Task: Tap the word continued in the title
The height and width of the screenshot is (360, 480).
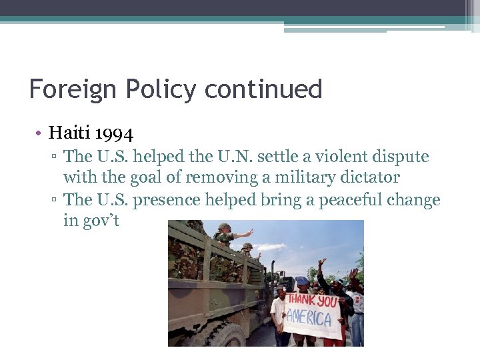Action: click(x=263, y=89)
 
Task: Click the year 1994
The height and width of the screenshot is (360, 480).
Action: click(x=114, y=133)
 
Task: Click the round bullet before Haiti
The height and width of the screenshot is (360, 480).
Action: click(x=40, y=133)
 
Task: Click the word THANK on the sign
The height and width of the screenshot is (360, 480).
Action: click(x=301, y=301)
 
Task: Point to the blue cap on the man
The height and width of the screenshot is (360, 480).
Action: click(x=303, y=281)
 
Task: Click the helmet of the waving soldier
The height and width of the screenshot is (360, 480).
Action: click(x=224, y=227)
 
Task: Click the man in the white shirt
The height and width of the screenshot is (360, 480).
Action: click(x=279, y=313)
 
